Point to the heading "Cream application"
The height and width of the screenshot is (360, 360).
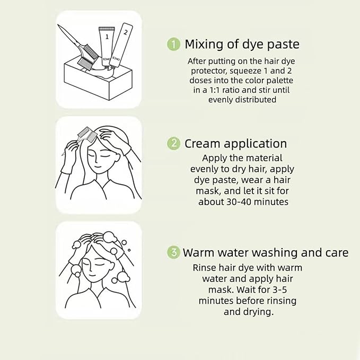(235, 143)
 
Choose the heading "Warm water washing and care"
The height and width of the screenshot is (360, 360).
(266, 252)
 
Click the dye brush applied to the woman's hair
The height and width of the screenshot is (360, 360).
(85, 133)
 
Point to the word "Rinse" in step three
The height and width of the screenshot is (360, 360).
(205, 267)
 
